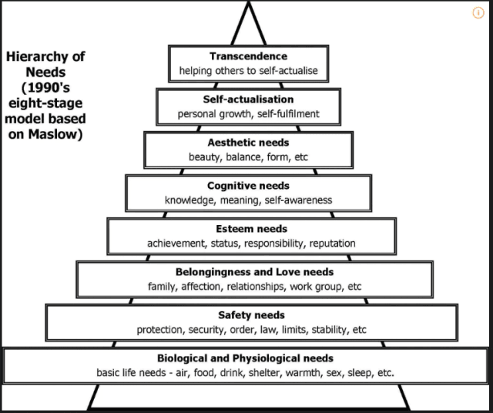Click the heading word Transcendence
click(x=248, y=56)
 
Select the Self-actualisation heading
click(x=248, y=99)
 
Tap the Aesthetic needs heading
click(x=248, y=143)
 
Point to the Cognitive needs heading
click(x=248, y=186)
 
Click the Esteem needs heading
click(x=252, y=229)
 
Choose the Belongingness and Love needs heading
click(x=255, y=272)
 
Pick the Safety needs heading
click(x=252, y=315)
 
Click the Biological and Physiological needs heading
click(x=245, y=358)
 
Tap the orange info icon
click(x=478, y=13)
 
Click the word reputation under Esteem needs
click(x=332, y=243)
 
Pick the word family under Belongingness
click(x=162, y=287)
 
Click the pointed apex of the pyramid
click(x=248, y=2)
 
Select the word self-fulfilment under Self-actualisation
click(x=288, y=114)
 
